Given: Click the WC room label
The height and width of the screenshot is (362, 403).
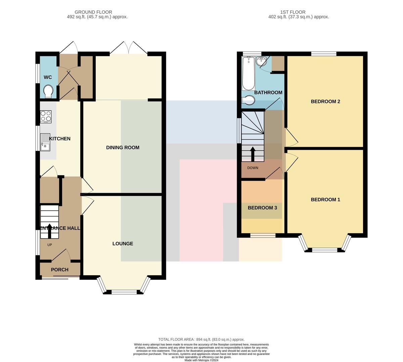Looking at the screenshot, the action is coord(48,77).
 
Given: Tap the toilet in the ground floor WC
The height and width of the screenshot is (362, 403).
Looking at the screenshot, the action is coord(48,92).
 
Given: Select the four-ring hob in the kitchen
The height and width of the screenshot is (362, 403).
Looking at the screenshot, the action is coord(46,116).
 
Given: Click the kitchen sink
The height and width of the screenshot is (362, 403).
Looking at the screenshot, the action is coord(45,142).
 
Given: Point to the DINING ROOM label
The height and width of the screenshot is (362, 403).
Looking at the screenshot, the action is coord(123,147).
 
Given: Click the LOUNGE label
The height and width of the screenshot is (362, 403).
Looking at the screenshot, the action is coord(123,243).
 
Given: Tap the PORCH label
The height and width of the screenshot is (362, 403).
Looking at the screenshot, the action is coord(60,269).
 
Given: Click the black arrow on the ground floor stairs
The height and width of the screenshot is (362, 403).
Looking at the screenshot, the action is coord(49,231).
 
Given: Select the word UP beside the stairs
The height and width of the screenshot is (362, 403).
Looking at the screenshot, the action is coord(49,245).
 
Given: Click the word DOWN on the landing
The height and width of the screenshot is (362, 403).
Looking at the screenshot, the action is coord(253,168).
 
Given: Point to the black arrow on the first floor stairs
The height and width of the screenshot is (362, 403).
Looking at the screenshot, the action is coord(253,154).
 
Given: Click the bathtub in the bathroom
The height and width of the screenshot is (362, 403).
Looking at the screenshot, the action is coord(249,73).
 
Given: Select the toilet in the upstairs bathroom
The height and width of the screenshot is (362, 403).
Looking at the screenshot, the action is coord(249,100).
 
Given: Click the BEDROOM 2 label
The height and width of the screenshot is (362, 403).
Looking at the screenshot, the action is coord(325,102).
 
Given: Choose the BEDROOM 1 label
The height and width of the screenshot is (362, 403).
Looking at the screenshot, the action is coord(325,200).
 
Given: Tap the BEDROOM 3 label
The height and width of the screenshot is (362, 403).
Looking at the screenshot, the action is coord(262,208).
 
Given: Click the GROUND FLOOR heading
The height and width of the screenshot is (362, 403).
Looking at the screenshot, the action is coord(93,12).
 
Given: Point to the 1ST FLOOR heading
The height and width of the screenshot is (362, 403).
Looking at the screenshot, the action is coord(293,12).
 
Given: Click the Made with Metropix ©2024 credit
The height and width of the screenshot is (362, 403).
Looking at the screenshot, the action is coord(201,360).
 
